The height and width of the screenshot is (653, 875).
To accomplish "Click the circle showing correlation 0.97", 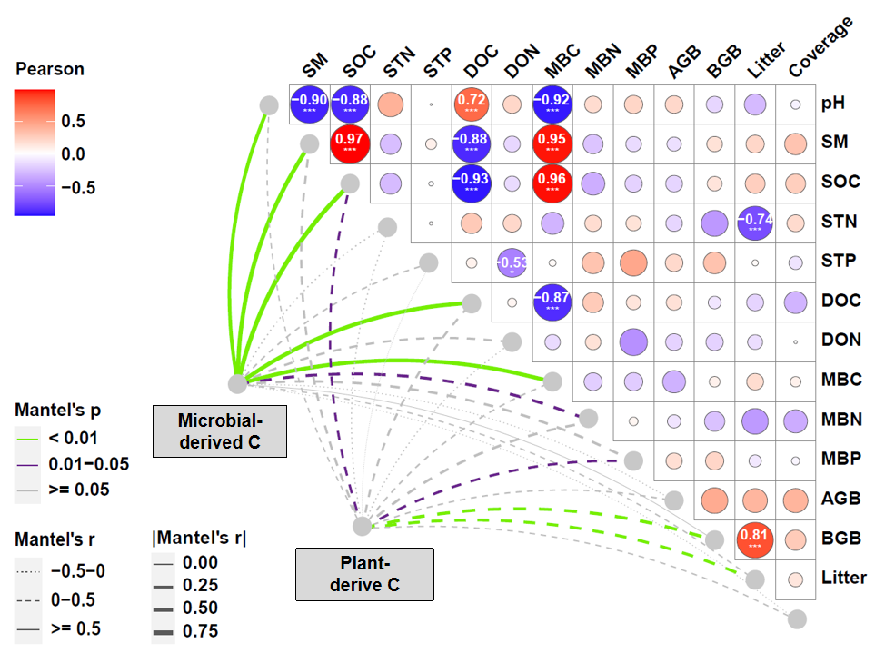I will click(x=350, y=143).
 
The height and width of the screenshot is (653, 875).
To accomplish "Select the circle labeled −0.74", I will click(x=755, y=223).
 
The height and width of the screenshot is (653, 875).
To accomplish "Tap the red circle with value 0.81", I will click(x=755, y=538).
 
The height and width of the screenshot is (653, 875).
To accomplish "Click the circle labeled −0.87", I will click(x=551, y=301).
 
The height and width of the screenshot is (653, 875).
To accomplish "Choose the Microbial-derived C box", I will click(x=219, y=430).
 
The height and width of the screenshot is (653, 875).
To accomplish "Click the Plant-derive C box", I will click(x=363, y=573).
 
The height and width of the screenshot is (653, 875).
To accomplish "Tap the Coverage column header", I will click(x=820, y=46).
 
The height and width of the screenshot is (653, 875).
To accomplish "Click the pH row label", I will click(x=832, y=103).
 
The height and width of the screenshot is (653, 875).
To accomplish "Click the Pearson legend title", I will click(x=50, y=69).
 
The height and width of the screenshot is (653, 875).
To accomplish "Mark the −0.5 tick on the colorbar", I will click(x=76, y=188).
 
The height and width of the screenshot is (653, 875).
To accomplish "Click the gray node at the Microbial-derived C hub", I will click(x=238, y=383).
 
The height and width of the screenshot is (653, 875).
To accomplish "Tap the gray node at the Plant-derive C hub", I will click(x=362, y=525).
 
